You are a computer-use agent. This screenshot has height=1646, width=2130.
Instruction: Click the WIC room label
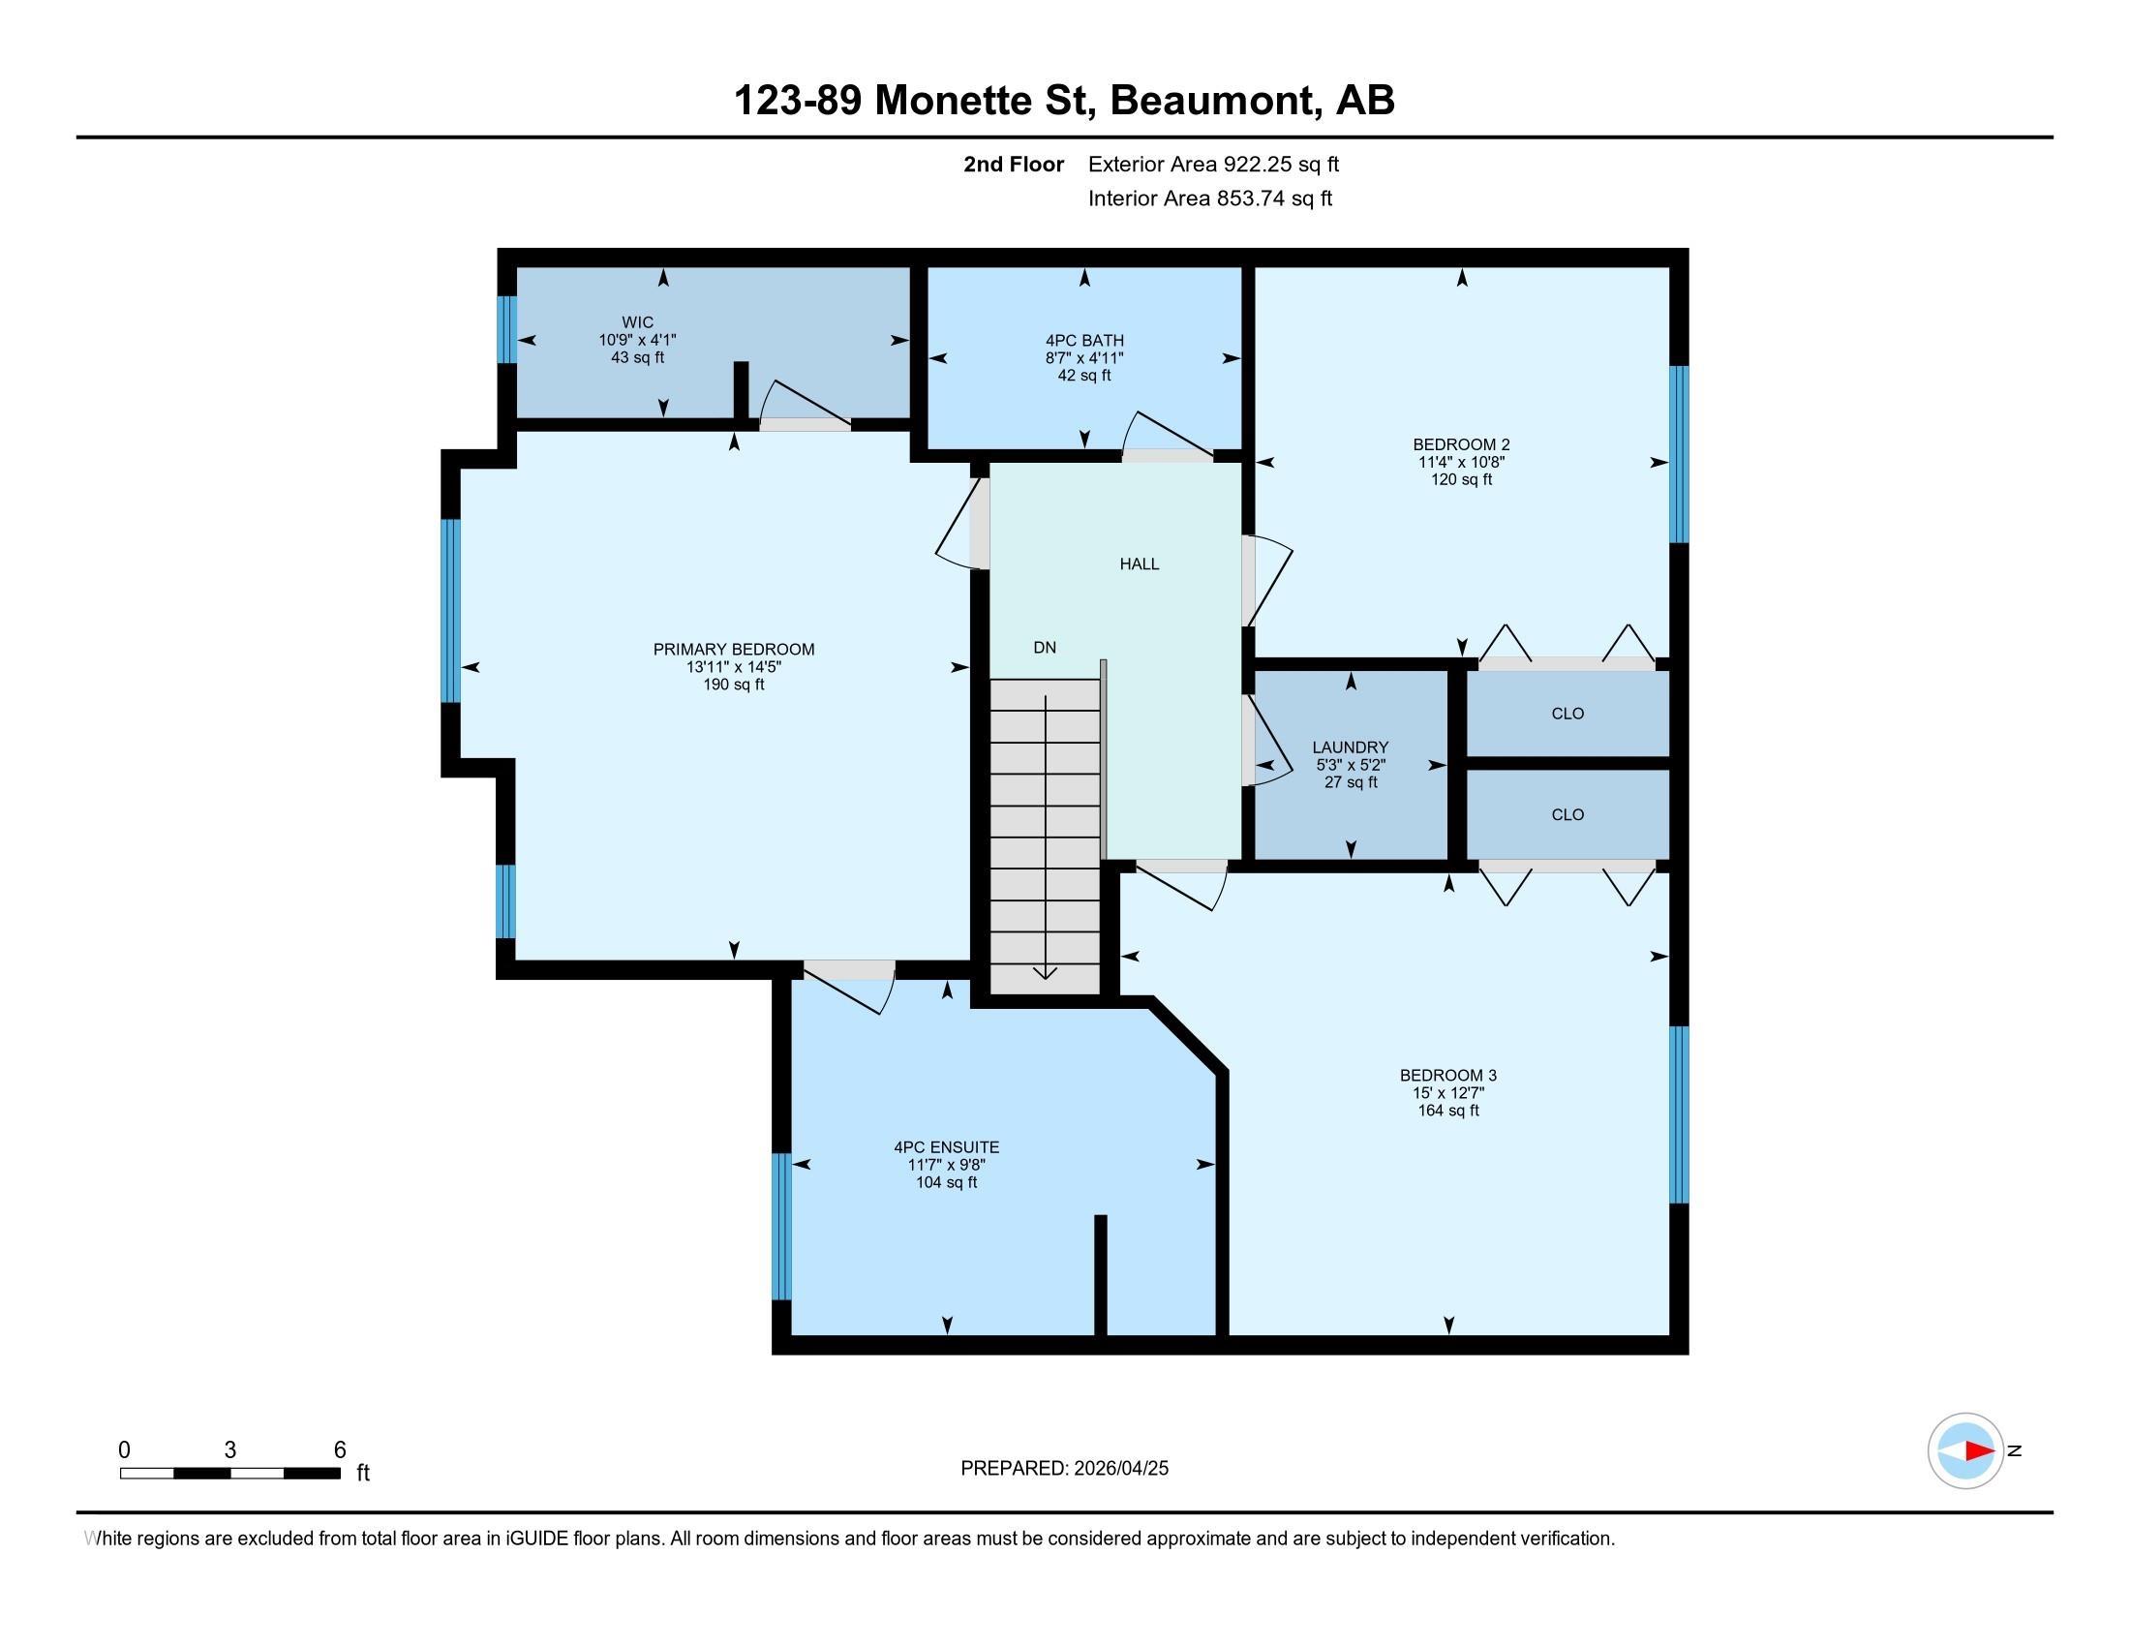click(x=638, y=322)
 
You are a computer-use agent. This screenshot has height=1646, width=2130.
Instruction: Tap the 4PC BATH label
click(x=1084, y=340)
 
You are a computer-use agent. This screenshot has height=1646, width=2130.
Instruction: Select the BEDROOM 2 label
click(x=1461, y=444)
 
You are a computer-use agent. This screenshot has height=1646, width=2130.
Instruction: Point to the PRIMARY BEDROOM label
click(x=734, y=650)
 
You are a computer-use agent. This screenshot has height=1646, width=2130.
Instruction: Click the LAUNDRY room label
click(x=1350, y=747)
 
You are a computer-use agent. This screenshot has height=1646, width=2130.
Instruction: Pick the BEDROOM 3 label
click(x=1448, y=1076)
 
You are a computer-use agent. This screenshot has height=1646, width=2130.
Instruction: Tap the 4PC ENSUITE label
click(x=946, y=1147)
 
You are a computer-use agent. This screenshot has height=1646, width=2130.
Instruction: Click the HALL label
click(x=1140, y=564)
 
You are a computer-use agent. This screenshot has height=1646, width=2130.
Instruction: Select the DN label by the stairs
click(x=1045, y=648)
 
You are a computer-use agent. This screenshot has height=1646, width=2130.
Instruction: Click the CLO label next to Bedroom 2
click(x=1567, y=714)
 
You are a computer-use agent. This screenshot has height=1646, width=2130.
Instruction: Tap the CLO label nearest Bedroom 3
click(x=1567, y=815)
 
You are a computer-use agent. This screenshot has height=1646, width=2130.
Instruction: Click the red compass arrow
click(x=1979, y=1450)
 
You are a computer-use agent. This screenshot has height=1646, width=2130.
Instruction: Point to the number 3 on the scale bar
click(x=230, y=1450)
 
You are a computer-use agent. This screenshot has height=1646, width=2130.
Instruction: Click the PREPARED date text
click(x=1064, y=1469)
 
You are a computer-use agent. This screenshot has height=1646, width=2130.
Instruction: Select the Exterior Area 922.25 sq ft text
click(x=1213, y=165)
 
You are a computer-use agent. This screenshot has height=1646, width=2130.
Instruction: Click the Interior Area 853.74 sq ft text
click(x=1209, y=198)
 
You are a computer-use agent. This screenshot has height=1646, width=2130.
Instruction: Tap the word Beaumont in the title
click(x=1211, y=101)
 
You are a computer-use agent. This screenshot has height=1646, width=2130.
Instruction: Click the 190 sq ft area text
click(x=734, y=685)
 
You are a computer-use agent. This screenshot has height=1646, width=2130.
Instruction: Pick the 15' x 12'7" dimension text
click(x=1448, y=1093)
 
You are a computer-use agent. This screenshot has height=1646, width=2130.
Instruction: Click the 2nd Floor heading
click(x=1014, y=165)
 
